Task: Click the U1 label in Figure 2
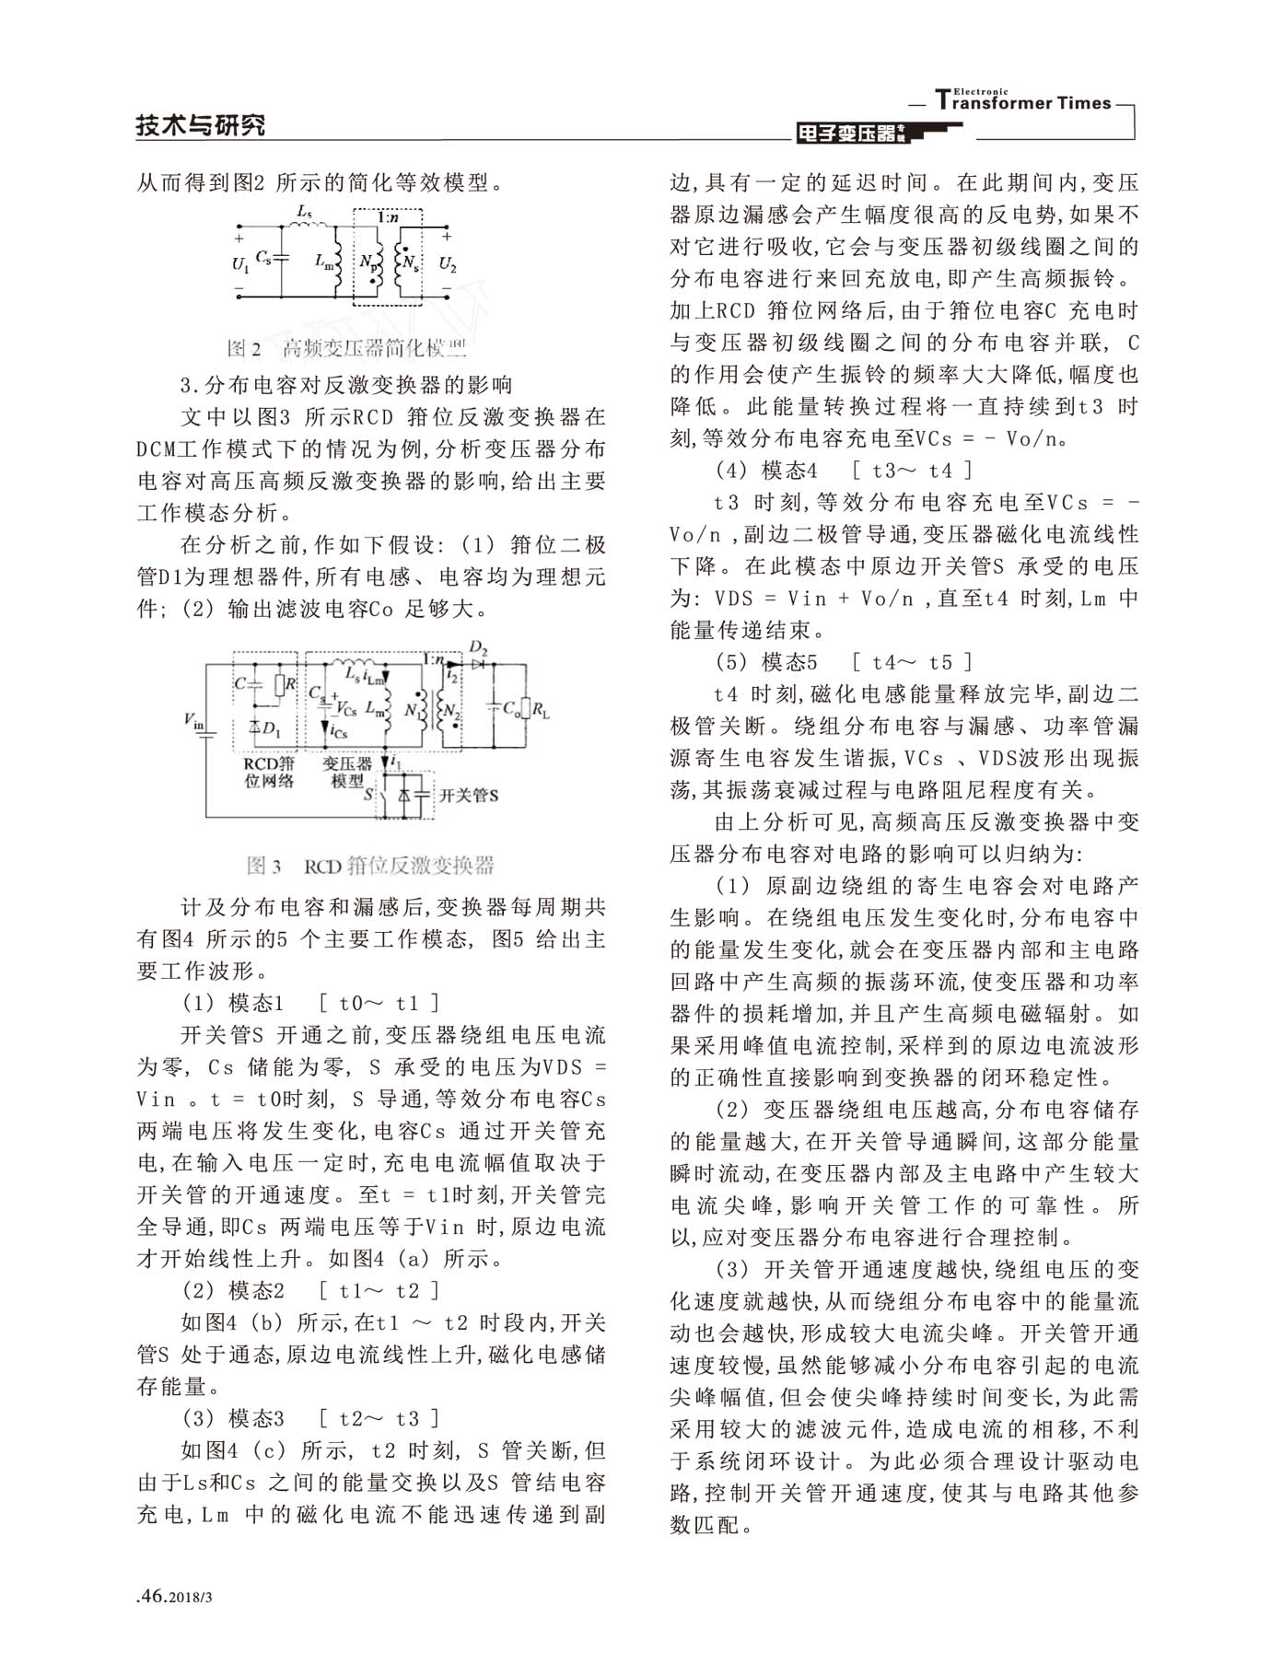point(240,265)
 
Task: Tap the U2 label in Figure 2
point(447,265)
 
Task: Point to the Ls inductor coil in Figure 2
point(309,224)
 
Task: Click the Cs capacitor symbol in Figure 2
point(281,259)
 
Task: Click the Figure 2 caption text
point(347,348)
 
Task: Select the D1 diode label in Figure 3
point(270,728)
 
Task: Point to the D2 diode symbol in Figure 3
point(478,662)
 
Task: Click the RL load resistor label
point(541,710)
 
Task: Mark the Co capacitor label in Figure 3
point(511,709)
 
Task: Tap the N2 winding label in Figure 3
point(450,711)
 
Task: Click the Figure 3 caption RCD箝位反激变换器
point(370,866)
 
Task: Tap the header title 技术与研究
point(200,125)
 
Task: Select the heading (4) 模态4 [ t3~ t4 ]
point(844,471)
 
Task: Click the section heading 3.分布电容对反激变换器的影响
point(346,384)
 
